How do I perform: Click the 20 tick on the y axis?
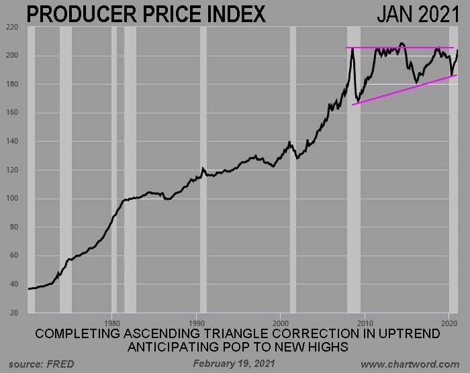[13, 313]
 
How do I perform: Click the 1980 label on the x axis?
[111, 321]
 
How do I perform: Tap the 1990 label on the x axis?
[196, 321]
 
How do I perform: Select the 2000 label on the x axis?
[280, 321]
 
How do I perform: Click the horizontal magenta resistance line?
[403, 48]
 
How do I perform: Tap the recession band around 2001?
[293, 168]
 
